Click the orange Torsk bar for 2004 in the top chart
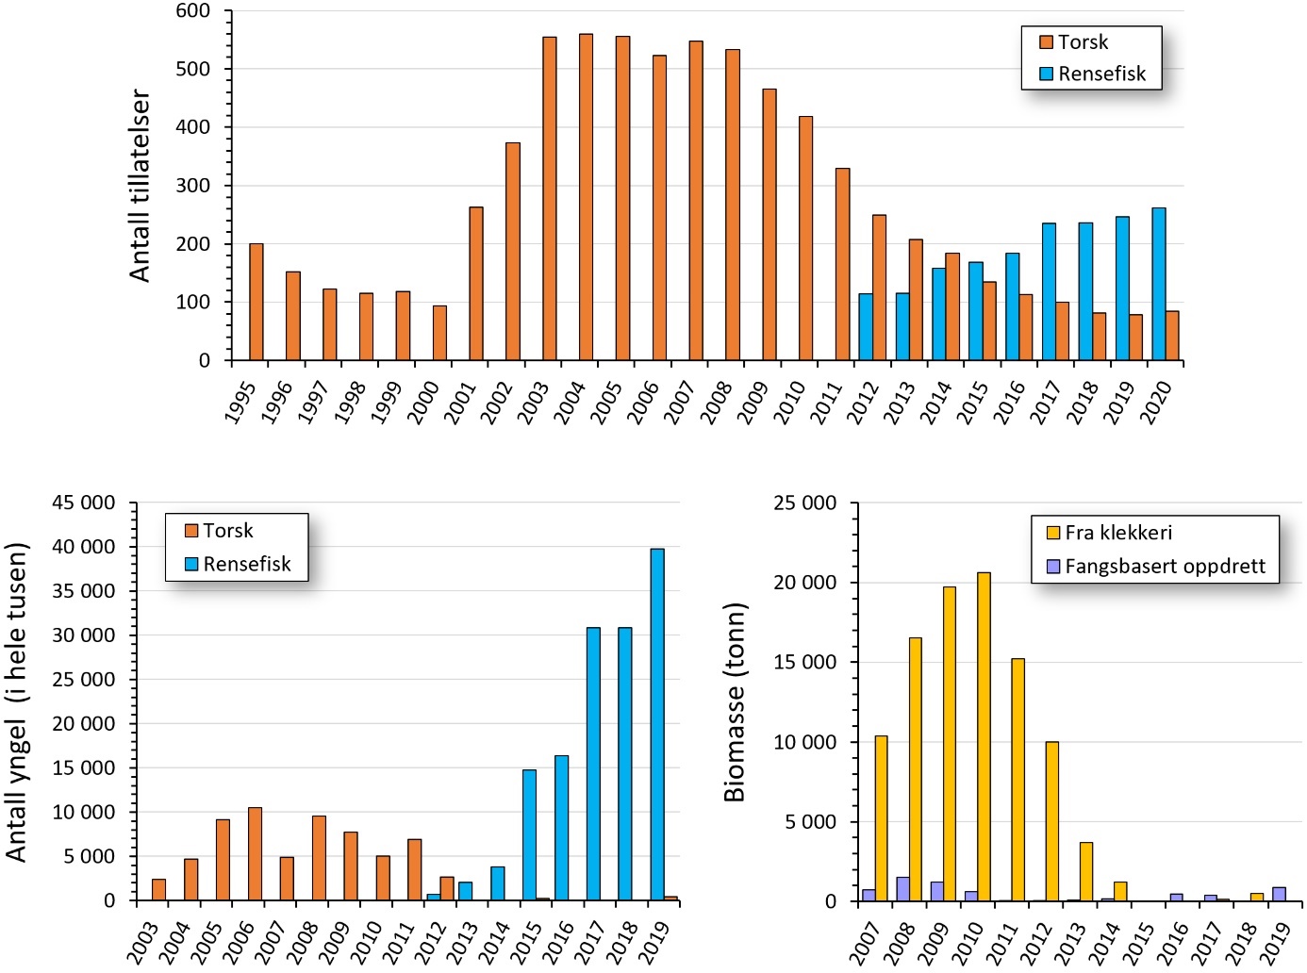point(586,198)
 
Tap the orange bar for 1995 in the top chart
point(256,303)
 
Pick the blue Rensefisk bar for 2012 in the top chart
point(866,327)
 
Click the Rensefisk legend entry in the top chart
point(1093,74)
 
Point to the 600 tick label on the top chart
point(193,11)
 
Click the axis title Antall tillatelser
point(141,186)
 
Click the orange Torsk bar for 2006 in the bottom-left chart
point(255,854)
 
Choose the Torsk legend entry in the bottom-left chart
point(219,531)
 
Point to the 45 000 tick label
point(84,503)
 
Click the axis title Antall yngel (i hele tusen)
point(17,701)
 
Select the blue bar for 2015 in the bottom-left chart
point(529,835)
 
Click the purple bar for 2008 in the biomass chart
point(902,889)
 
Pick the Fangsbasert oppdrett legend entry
point(1156,567)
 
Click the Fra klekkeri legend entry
point(1109,533)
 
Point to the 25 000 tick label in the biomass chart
point(804,503)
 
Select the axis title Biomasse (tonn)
point(736,701)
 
